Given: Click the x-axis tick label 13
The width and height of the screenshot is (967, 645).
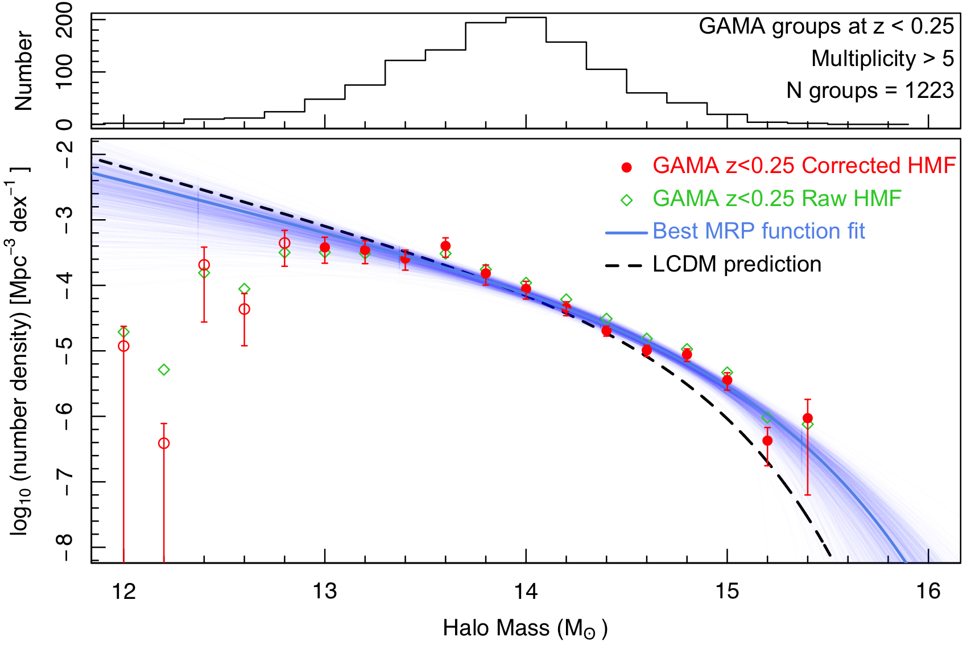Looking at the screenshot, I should pyautogui.click(x=325, y=592).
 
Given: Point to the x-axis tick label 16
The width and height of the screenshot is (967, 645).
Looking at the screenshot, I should pyautogui.click(x=928, y=592).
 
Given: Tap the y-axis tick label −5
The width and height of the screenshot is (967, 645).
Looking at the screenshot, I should pyautogui.click(x=66, y=351).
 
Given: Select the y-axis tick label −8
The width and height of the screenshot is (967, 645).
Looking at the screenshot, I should pyautogui.click(x=66, y=547).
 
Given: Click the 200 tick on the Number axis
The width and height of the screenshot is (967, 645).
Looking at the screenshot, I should pyautogui.click(x=66, y=19).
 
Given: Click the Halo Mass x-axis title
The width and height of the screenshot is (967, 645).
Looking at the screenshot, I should pyautogui.click(x=525, y=628).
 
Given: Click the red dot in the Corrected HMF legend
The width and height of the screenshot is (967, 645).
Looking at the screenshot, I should pyautogui.click(x=627, y=167).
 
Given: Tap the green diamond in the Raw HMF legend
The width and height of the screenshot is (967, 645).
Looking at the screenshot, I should pyautogui.click(x=627, y=200).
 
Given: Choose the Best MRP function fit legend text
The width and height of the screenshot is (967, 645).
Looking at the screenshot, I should pyautogui.click(x=758, y=231).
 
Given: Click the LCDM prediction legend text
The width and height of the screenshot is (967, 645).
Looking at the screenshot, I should pyautogui.click(x=737, y=265).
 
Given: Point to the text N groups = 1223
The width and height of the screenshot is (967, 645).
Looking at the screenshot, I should pyautogui.click(x=870, y=91).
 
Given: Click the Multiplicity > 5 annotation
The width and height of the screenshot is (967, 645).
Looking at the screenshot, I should pyautogui.click(x=882, y=58).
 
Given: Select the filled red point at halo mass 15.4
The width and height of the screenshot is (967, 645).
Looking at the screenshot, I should pyautogui.click(x=808, y=418).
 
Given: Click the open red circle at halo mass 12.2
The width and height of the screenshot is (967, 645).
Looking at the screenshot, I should pyautogui.click(x=164, y=443).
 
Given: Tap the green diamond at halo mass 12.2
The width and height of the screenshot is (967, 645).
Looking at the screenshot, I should pyautogui.click(x=164, y=370).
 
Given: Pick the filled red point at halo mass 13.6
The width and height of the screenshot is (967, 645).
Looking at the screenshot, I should pyautogui.click(x=445, y=246).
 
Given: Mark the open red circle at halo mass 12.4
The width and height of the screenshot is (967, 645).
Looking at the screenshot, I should pyautogui.click(x=204, y=265).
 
